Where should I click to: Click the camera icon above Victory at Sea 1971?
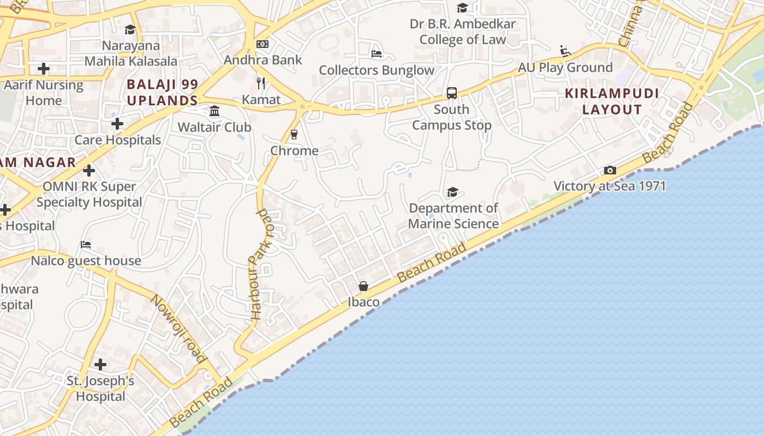(x=610, y=171)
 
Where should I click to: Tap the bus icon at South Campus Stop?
(x=452, y=93)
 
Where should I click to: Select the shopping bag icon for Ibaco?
(x=363, y=286)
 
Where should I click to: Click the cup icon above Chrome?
(x=294, y=134)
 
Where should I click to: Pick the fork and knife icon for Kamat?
(x=261, y=83)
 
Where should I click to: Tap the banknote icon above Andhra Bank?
(x=262, y=44)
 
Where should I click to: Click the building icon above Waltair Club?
(x=214, y=111)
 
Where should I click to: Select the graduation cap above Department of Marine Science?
(x=452, y=192)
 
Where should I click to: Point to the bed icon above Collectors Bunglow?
(x=377, y=53)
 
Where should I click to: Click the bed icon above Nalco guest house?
(x=86, y=244)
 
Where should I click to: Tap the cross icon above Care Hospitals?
(x=117, y=124)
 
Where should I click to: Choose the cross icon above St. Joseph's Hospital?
(x=100, y=364)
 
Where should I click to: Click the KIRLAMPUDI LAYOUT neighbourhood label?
(x=612, y=101)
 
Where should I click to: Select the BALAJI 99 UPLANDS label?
(x=162, y=93)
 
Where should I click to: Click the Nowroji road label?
(x=178, y=328)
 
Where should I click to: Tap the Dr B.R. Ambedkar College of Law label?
(x=463, y=32)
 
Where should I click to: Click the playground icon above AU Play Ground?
(x=565, y=51)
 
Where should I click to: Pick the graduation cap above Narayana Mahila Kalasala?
(x=130, y=29)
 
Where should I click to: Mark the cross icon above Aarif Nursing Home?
(x=44, y=69)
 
